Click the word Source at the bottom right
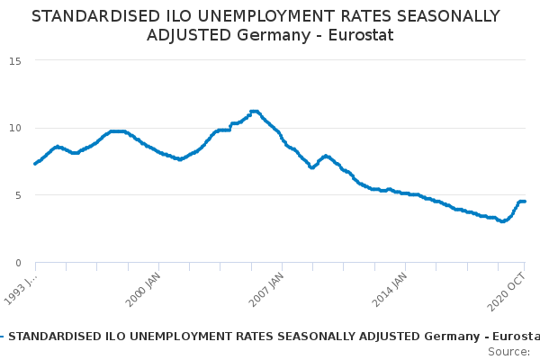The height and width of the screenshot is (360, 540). pos(508,351)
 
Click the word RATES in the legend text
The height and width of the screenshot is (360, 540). pos(237,337)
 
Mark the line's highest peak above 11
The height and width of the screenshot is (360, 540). pos(254,111)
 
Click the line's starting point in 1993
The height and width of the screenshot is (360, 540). pos(35,163)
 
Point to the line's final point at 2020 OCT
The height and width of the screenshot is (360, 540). pos(525,202)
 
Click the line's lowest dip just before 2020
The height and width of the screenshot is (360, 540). pos(503,221)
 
